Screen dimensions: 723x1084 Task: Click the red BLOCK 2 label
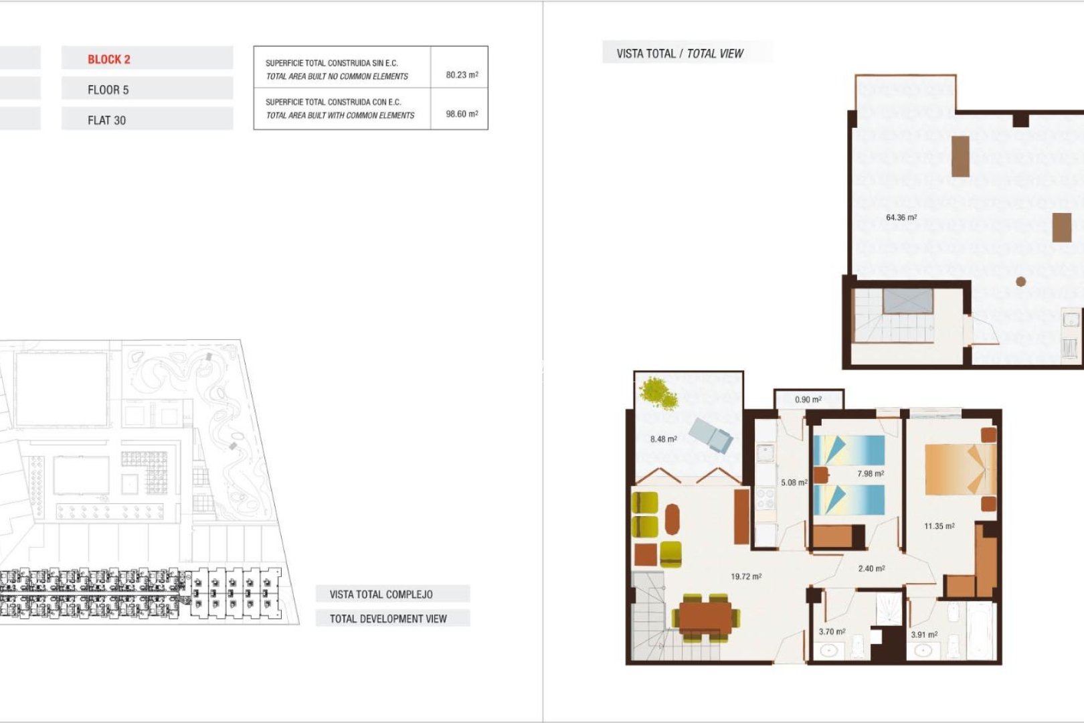point(108,59)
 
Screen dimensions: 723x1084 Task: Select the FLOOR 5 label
point(108,90)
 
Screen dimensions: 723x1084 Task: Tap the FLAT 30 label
point(106,120)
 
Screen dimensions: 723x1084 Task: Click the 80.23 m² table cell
point(462,74)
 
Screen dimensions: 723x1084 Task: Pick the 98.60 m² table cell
point(462,114)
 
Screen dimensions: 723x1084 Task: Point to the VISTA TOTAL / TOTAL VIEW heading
point(679,54)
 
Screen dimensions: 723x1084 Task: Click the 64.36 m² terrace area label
point(901,218)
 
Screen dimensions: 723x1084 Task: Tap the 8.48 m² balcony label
point(663,439)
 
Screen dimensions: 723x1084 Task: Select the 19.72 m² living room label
point(745,576)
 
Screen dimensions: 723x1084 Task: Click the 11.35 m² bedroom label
point(939,526)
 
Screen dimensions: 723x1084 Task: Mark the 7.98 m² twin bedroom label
point(870,474)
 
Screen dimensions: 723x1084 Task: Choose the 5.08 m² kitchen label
point(794,482)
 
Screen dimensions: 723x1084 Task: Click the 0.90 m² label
point(808,400)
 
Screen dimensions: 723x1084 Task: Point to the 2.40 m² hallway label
point(871,568)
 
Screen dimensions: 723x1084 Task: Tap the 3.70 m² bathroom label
point(832,631)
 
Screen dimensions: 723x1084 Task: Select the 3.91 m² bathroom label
point(923,635)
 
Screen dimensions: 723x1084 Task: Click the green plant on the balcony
point(658,393)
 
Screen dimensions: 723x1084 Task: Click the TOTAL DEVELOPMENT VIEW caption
point(387,619)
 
